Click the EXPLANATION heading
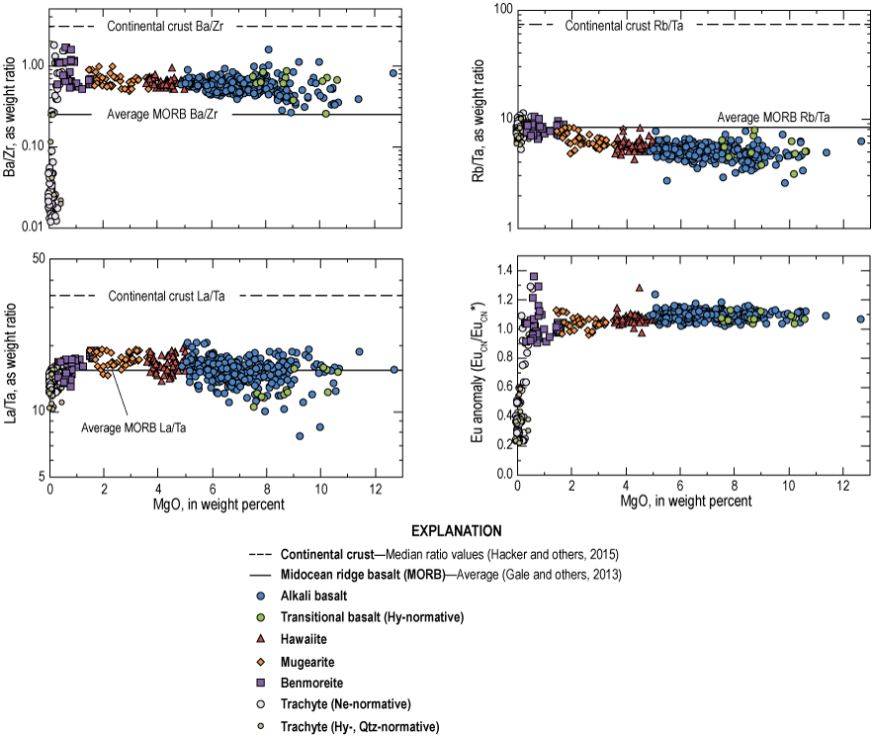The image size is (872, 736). [x=436, y=530]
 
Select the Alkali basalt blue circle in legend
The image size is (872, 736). [x=258, y=598]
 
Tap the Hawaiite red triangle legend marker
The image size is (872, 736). [x=258, y=640]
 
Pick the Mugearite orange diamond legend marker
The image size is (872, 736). [x=258, y=662]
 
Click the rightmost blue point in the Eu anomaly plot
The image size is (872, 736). [x=860, y=320]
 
